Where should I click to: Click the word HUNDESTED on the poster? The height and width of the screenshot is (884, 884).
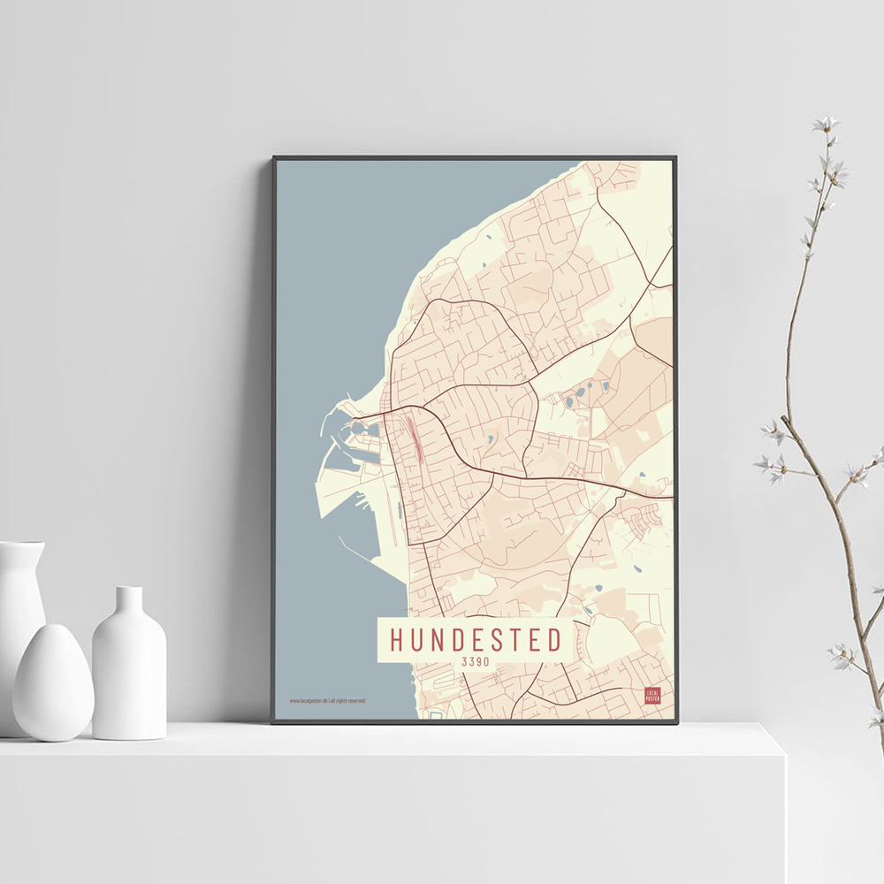(x=476, y=639)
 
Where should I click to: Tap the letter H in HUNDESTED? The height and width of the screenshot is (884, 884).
(x=398, y=639)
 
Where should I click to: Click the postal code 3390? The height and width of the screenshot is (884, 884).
(x=475, y=661)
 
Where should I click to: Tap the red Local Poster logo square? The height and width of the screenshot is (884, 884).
(x=652, y=695)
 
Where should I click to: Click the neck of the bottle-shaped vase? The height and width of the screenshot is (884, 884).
(x=129, y=601)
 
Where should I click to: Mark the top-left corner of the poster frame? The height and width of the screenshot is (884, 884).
(x=274, y=158)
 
